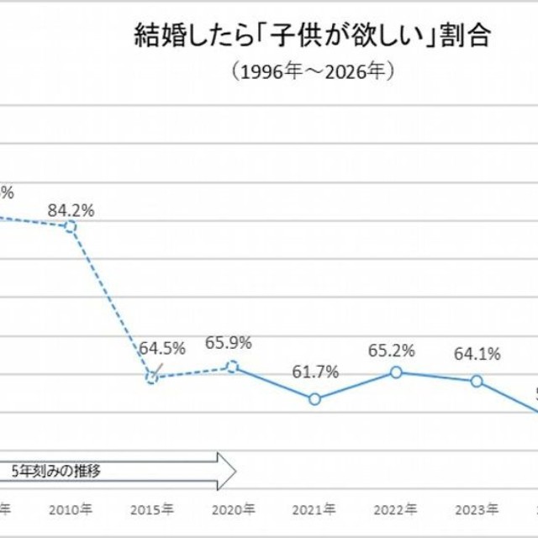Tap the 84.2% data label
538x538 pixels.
coord(71,210)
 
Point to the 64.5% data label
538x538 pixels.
coord(162,347)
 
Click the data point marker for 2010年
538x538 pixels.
coord(71,226)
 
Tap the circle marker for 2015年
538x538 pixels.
coord(151,377)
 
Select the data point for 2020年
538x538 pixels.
coord(233,367)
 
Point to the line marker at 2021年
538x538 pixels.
coord(314,398)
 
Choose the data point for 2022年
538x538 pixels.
coord(396,372)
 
